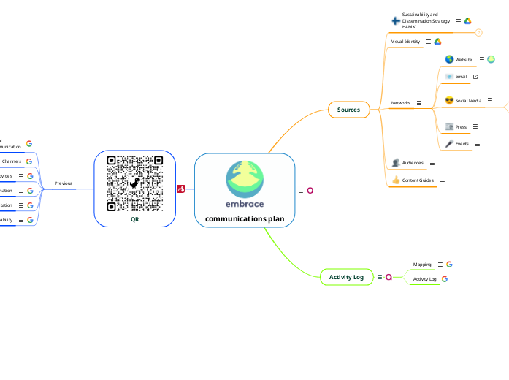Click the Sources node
click(x=348, y=110)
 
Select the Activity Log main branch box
click(x=346, y=277)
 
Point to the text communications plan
click(x=245, y=218)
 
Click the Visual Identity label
click(x=405, y=42)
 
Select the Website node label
click(x=464, y=59)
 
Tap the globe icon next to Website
click(x=449, y=59)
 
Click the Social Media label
click(x=468, y=101)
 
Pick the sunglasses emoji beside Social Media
click(x=449, y=100)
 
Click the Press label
click(x=461, y=127)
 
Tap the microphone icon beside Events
click(x=449, y=144)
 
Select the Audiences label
click(x=413, y=163)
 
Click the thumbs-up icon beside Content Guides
click(x=396, y=180)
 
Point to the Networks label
click(x=400, y=103)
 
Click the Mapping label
click(x=422, y=265)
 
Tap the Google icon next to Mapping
click(x=450, y=265)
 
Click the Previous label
click(x=64, y=183)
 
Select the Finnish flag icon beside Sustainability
click(x=396, y=21)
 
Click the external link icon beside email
click(x=475, y=76)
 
